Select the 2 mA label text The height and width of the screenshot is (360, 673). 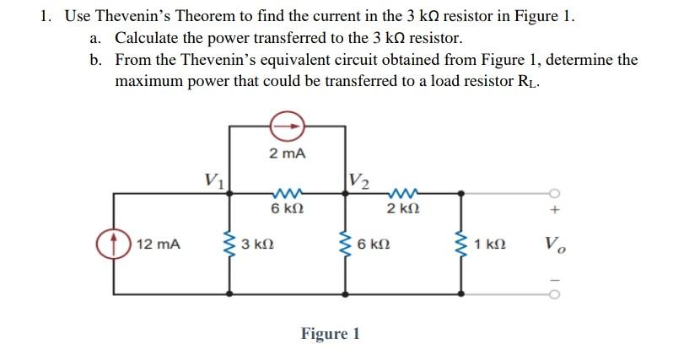click(x=287, y=153)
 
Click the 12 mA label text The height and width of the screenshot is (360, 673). click(x=158, y=244)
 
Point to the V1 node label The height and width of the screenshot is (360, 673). click(x=214, y=179)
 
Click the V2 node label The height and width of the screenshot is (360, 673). click(x=359, y=179)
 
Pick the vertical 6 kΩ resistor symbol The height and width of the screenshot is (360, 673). click(x=345, y=244)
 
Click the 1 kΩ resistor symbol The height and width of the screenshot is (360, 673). click(x=460, y=244)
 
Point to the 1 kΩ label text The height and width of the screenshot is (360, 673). click(x=490, y=244)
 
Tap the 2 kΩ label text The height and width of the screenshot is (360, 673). click(x=403, y=208)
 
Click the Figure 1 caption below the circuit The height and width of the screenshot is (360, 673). click(x=331, y=333)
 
